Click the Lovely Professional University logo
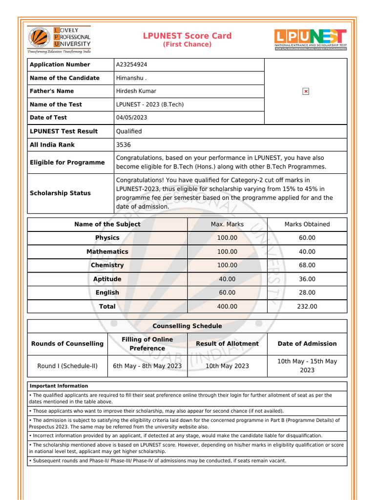pyautogui.click(x=59, y=39)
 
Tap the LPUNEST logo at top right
pyautogui.click(x=311, y=39)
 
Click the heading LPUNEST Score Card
pyautogui.click(x=187, y=36)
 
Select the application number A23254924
pyautogui.click(x=131, y=64)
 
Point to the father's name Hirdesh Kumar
pyautogui.click(x=136, y=91)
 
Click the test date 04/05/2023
pyautogui.click(x=131, y=118)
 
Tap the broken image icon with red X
pyautogui.click(x=306, y=91)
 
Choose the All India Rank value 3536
pyautogui.click(x=124, y=145)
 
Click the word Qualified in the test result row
pyautogui.click(x=129, y=131)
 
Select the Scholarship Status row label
pyautogui.click(x=60, y=193)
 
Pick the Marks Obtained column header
pyautogui.click(x=307, y=224)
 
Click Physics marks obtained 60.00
pyautogui.click(x=307, y=238)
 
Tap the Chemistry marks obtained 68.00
pyautogui.click(x=307, y=265)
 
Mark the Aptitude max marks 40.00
pyautogui.click(x=227, y=279)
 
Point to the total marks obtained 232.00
pyautogui.click(x=307, y=306)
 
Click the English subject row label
pyautogui.click(x=107, y=292)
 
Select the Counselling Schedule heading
pyautogui.click(x=187, y=326)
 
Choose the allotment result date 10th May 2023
pyautogui.click(x=227, y=366)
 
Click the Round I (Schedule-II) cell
pyautogui.click(x=67, y=366)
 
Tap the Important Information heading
pyautogui.click(x=59, y=386)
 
